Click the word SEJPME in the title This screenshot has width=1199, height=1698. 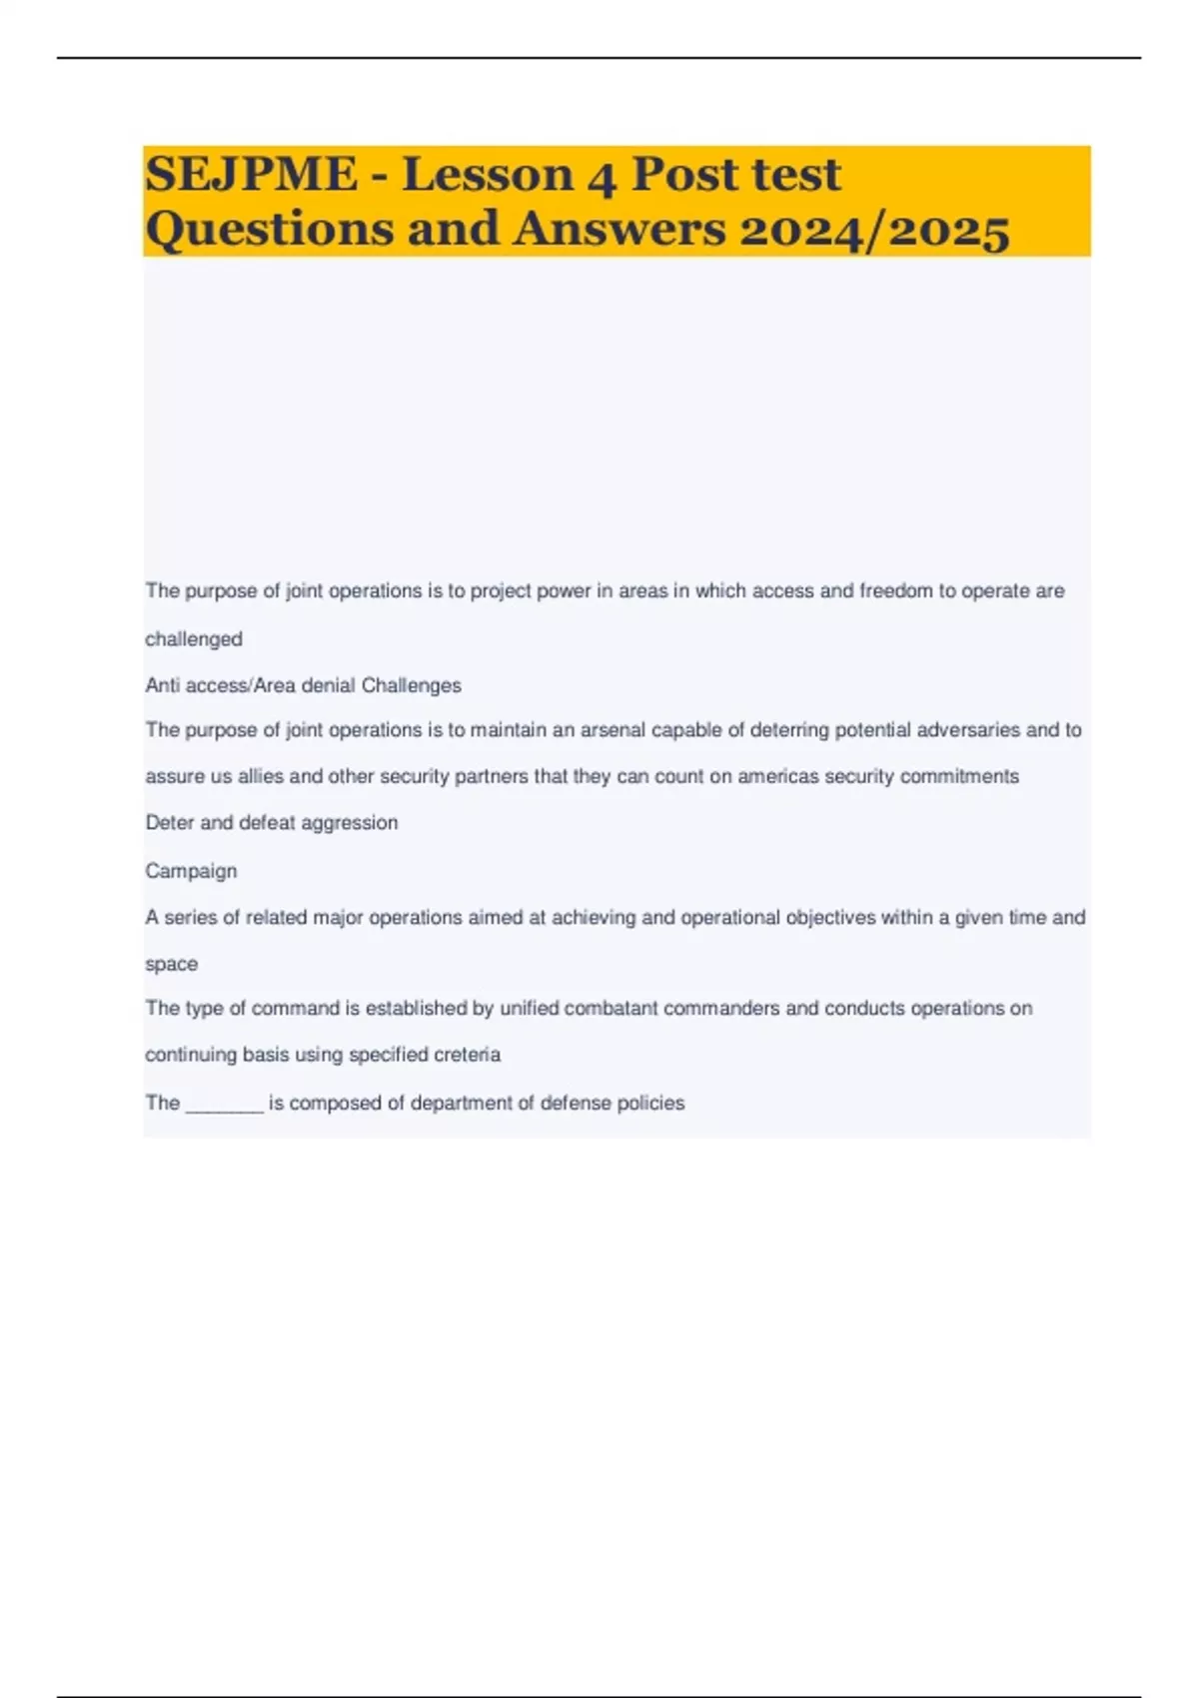[251, 175]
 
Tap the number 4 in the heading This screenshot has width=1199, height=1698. [600, 177]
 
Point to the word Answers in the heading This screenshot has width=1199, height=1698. [619, 229]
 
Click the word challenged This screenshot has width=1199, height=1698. [194, 639]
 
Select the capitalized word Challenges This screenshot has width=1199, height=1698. [411, 686]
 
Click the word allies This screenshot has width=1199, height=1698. [261, 777]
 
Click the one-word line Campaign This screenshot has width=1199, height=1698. [191, 871]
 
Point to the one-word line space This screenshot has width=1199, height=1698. [171, 965]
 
